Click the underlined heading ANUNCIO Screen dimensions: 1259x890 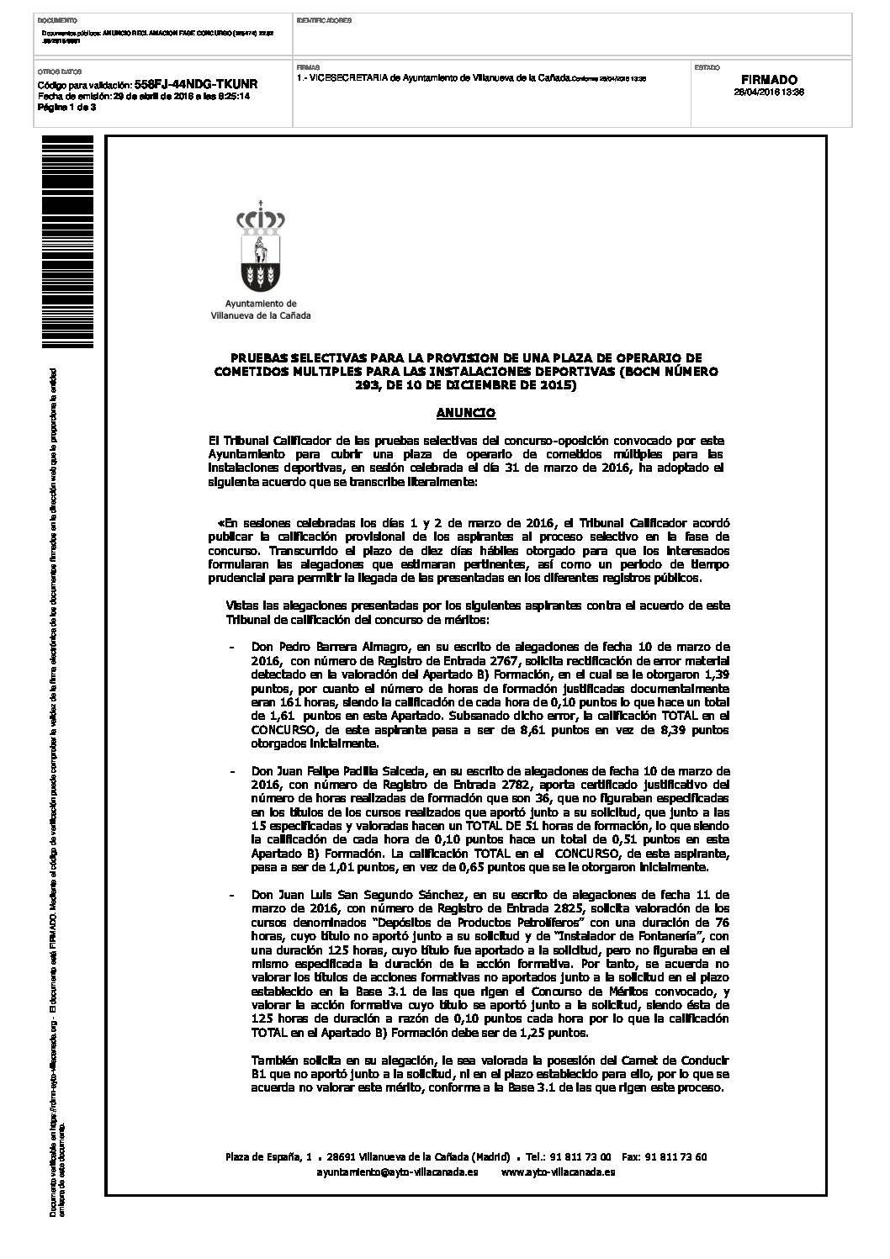click(466, 413)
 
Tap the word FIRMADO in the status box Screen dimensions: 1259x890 click(769, 80)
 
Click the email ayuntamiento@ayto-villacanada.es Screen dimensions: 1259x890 click(398, 1172)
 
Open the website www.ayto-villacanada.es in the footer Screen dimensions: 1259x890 click(557, 1172)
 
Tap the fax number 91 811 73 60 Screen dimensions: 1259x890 click(675, 1157)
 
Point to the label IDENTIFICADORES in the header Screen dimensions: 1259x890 click(325, 19)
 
